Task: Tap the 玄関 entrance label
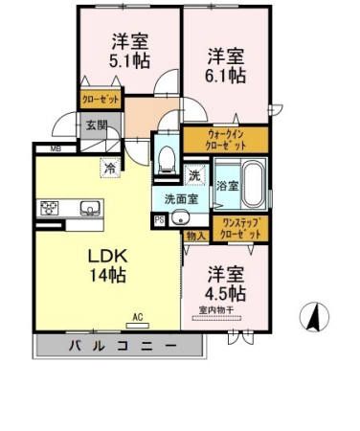click(x=95, y=125)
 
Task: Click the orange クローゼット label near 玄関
click(x=100, y=98)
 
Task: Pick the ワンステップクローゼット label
click(x=240, y=228)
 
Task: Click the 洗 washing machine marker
click(x=193, y=175)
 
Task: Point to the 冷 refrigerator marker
click(x=110, y=166)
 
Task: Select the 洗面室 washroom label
click(x=179, y=199)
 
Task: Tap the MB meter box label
click(x=55, y=148)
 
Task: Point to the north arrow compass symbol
click(x=312, y=315)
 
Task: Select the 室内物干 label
click(x=222, y=309)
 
